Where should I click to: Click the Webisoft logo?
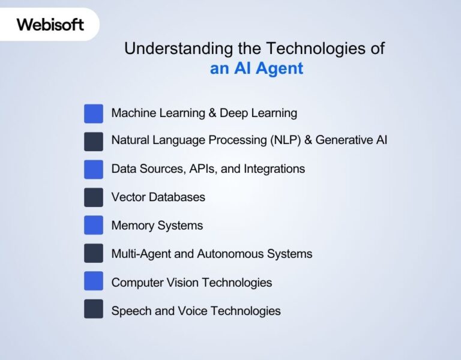point(50,25)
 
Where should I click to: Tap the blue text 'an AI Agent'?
point(256,68)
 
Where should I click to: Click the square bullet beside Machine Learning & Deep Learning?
point(94,113)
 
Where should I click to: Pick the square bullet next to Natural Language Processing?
point(94,141)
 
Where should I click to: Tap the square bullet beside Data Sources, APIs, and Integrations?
point(94,169)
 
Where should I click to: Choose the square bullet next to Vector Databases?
point(94,197)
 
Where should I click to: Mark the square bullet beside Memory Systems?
point(94,225)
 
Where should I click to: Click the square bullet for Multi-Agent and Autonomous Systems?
point(94,253)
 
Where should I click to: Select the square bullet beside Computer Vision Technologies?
point(94,281)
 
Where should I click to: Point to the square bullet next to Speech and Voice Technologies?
point(94,309)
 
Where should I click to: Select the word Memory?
point(133,226)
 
